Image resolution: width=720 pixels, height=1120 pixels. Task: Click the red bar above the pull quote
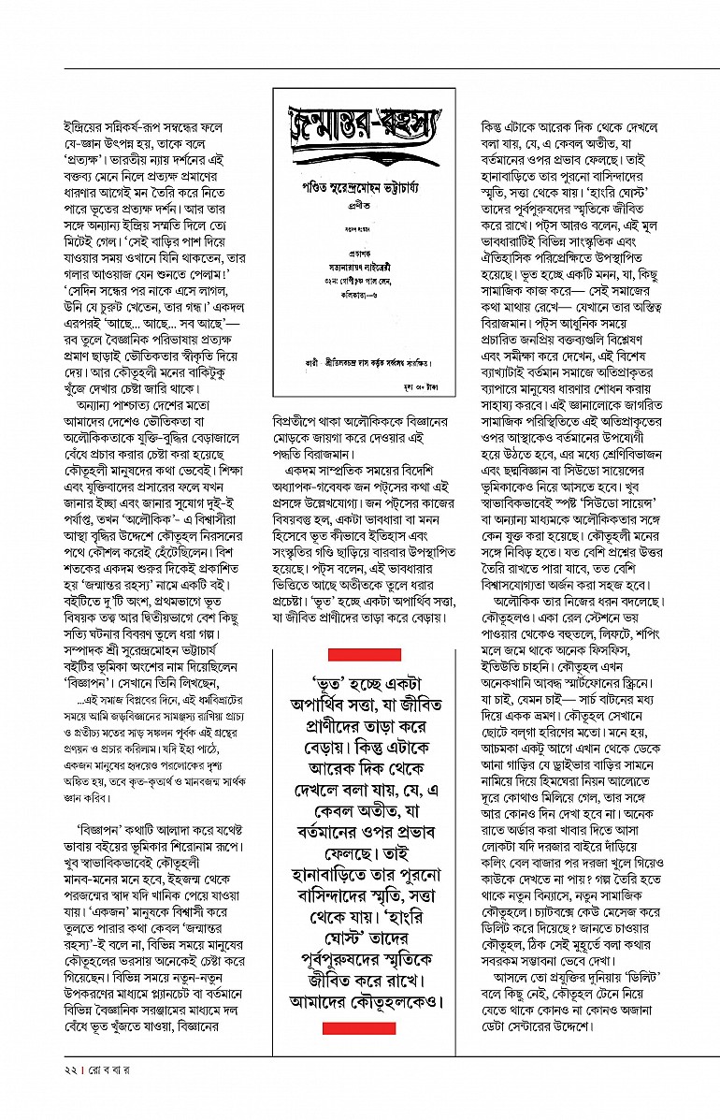(364, 654)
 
